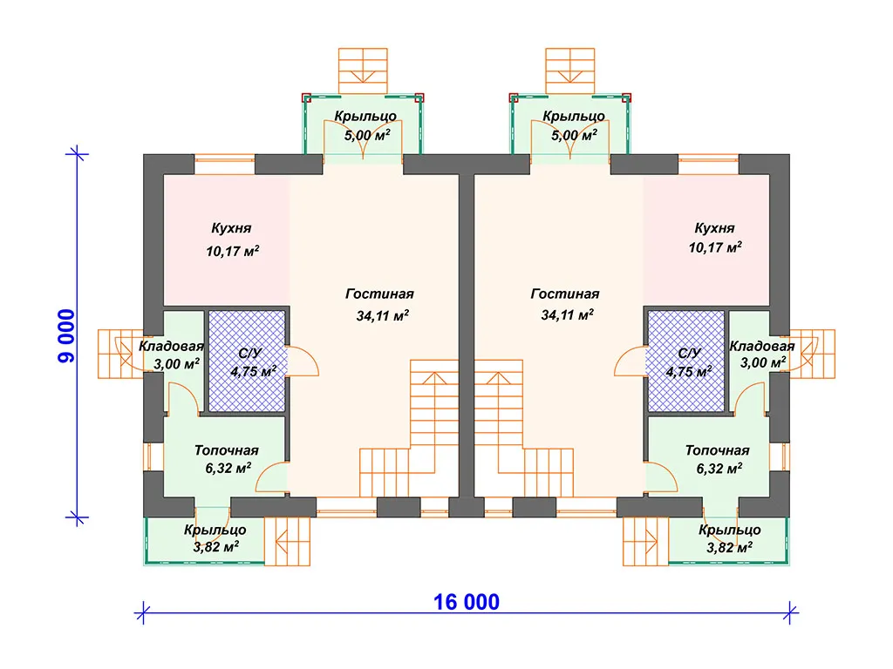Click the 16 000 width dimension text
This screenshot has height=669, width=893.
click(x=467, y=602)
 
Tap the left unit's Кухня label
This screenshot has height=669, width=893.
click(x=231, y=228)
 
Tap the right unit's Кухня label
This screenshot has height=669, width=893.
click(x=714, y=228)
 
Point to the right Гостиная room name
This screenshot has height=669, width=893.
click(x=564, y=294)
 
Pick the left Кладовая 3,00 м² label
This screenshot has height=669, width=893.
click(x=172, y=355)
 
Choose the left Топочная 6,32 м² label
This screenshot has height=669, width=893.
click(x=226, y=458)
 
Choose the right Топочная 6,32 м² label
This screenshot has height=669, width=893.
click(x=717, y=458)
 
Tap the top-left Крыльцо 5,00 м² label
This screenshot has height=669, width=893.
click(x=365, y=125)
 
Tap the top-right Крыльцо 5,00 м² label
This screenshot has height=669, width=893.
click(x=573, y=125)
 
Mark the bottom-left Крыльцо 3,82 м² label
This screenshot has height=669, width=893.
click(x=215, y=538)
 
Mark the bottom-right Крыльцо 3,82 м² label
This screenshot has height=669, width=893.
click(x=729, y=538)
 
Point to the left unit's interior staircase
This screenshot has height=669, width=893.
click(x=410, y=436)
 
